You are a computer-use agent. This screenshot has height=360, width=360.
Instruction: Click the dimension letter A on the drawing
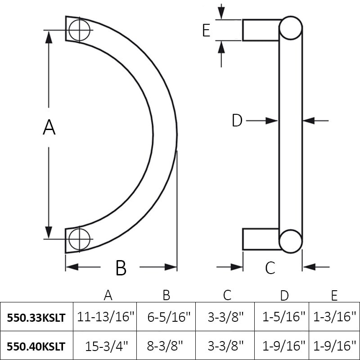pos(49,127)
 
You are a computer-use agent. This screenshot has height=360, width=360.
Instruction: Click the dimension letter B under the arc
pos(121,268)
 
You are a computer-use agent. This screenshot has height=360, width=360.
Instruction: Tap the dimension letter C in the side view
pos(270,268)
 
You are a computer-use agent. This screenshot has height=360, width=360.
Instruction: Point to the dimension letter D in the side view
pos(237,121)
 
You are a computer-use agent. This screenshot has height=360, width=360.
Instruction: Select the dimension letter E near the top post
pos(206,31)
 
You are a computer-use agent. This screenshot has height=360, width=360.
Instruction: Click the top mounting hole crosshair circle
pos(80,30)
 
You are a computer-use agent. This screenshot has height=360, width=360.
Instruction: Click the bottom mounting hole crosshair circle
pos(80,238)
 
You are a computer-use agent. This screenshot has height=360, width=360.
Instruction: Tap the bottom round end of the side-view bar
pos(290,241)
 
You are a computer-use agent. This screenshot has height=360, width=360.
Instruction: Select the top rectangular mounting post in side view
pos(261,30)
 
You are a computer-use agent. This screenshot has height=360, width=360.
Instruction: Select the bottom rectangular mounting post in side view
pos(261,239)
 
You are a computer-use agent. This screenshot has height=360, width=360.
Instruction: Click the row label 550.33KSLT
pos(36,317)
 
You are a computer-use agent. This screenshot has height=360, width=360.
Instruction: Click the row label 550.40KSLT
pos(36,346)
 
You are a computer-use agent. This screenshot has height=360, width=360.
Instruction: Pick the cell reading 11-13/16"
pos(106,317)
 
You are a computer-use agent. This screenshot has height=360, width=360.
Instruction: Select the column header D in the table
pos(284,295)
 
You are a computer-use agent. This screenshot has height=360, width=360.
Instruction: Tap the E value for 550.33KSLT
pos(334,317)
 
